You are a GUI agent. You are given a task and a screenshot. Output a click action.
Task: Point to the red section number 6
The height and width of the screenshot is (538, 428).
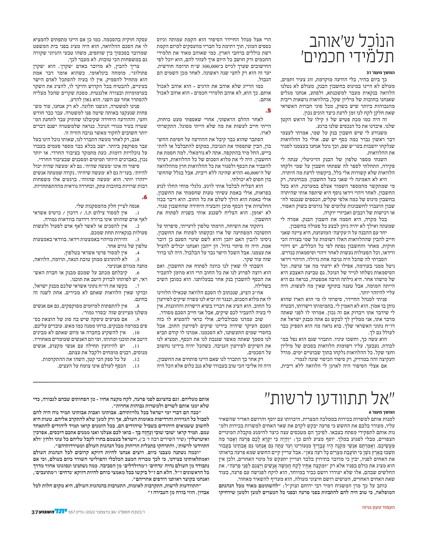(x=144, y=197)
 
